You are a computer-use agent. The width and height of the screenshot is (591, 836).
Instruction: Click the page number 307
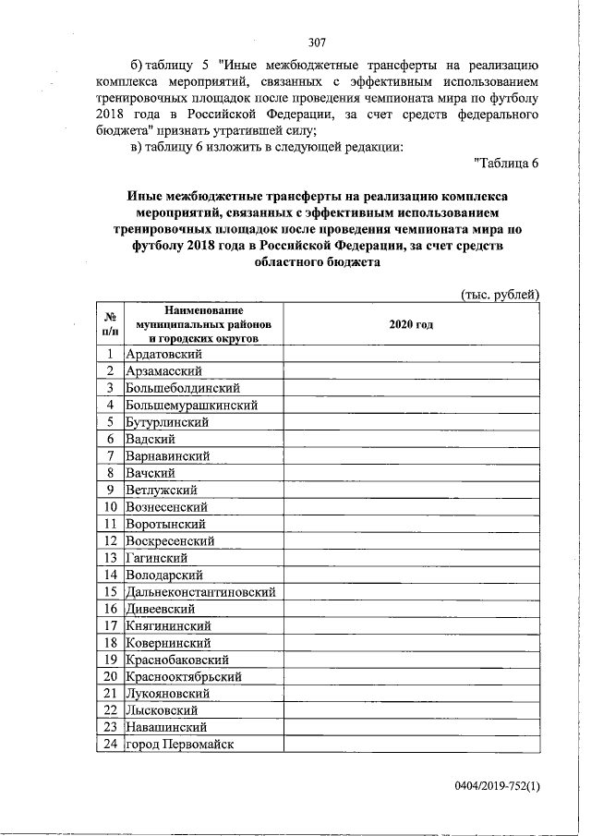point(318,41)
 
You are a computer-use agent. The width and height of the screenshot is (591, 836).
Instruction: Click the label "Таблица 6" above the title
point(504,164)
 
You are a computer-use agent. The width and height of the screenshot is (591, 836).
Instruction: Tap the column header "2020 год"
point(411,325)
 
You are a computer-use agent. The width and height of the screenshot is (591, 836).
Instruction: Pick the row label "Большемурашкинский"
point(191,405)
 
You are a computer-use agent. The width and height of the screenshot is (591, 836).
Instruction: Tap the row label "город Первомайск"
point(180,745)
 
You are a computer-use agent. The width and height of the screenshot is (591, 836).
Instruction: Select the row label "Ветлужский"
point(162,490)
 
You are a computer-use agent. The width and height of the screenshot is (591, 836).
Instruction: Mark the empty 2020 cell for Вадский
point(411,439)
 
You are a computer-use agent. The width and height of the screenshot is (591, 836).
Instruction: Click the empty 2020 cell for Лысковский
point(411,710)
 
